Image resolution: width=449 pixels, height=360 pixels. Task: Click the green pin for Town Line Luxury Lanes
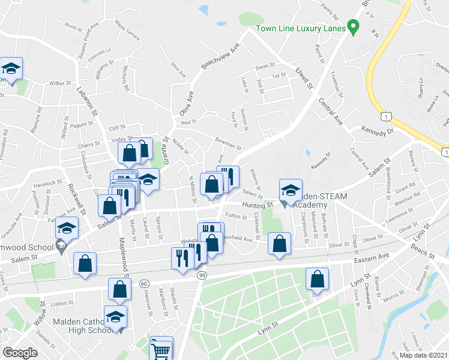tap(354, 27)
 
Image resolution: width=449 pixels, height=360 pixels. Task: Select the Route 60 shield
tap(143, 283)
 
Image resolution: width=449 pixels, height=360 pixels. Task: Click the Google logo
tap(20, 352)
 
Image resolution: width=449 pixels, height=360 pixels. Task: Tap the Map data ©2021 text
tap(424, 355)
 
